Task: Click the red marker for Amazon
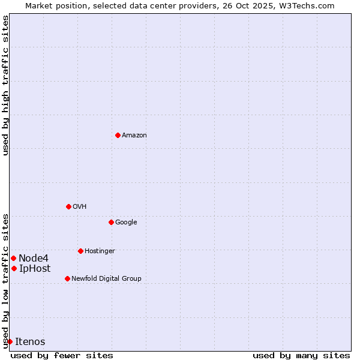[x=118, y=135]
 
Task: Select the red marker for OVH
[x=68, y=206]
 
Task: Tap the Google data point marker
[x=111, y=222]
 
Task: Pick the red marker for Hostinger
[x=80, y=251]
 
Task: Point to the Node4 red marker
[x=13, y=258]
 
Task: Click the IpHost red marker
[x=14, y=268]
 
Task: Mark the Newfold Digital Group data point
[x=67, y=278]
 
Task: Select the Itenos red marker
[x=10, y=341]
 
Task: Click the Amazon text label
[x=134, y=135]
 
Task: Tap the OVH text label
[x=80, y=206]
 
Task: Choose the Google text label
[x=126, y=222]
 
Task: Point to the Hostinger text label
[x=100, y=251]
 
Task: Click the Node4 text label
[x=33, y=258]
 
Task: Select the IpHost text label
[x=35, y=268]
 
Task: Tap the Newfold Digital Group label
[x=106, y=278]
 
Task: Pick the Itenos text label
[x=30, y=341]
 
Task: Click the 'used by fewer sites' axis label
[x=62, y=355]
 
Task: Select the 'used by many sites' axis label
[x=301, y=355]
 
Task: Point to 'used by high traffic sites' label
[x=5, y=85]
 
